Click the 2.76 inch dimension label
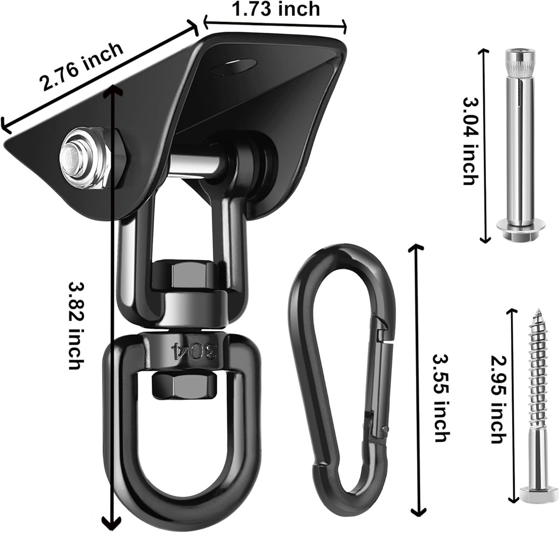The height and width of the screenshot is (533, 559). [x=82, y=67]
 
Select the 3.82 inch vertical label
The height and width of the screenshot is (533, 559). [x=76, y=325]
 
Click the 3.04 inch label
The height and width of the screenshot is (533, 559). [x=470, y=141]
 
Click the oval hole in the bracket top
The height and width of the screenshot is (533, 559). [x=235, y=67]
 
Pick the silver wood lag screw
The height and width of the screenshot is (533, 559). [x=538, y=404]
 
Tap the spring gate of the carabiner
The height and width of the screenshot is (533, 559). [x=380, y=382]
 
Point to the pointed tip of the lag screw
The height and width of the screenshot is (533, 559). [x=538, y=313]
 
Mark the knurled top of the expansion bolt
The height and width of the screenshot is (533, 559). [x=520, y=63]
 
